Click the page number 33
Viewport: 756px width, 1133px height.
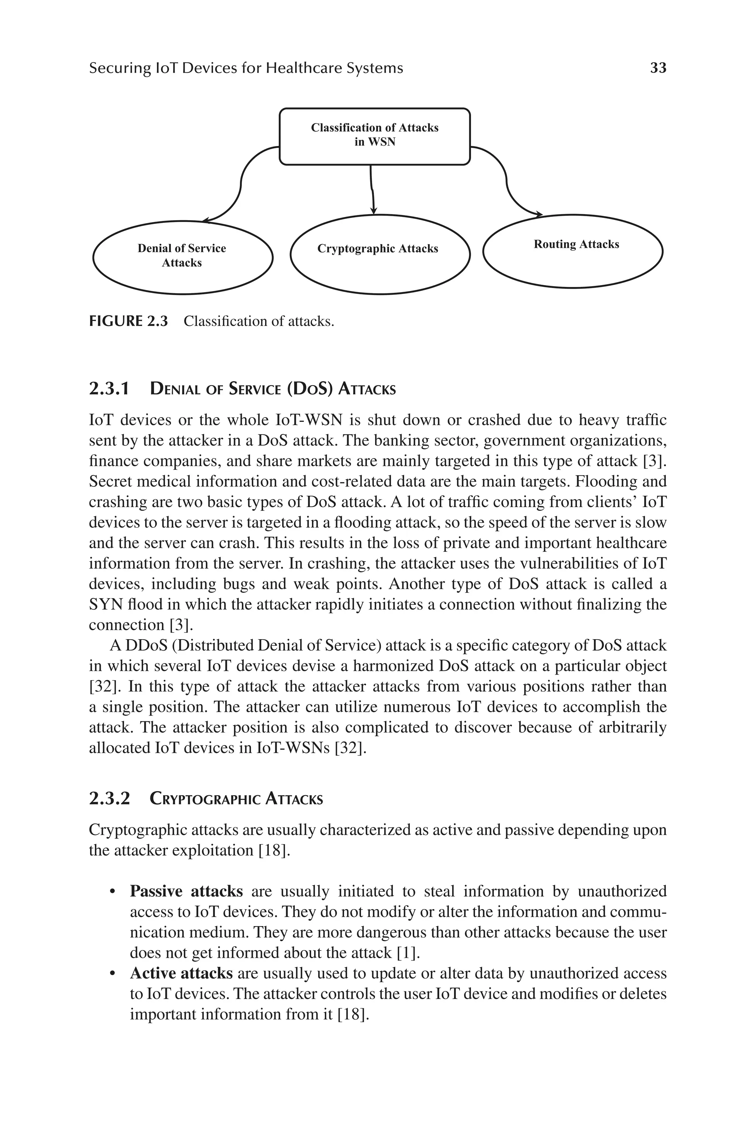coord(658,68)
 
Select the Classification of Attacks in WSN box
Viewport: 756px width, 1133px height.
coord(375,136)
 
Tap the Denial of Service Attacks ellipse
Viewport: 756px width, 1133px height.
coord(182,257)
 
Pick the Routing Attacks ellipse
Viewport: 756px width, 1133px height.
coord(573,251)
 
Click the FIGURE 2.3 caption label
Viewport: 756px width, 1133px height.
coord(128,321)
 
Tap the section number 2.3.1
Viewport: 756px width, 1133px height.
coord(109,388)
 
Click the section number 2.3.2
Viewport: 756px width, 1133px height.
coord(109,799)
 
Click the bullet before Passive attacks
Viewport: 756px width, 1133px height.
coord(112,892)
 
